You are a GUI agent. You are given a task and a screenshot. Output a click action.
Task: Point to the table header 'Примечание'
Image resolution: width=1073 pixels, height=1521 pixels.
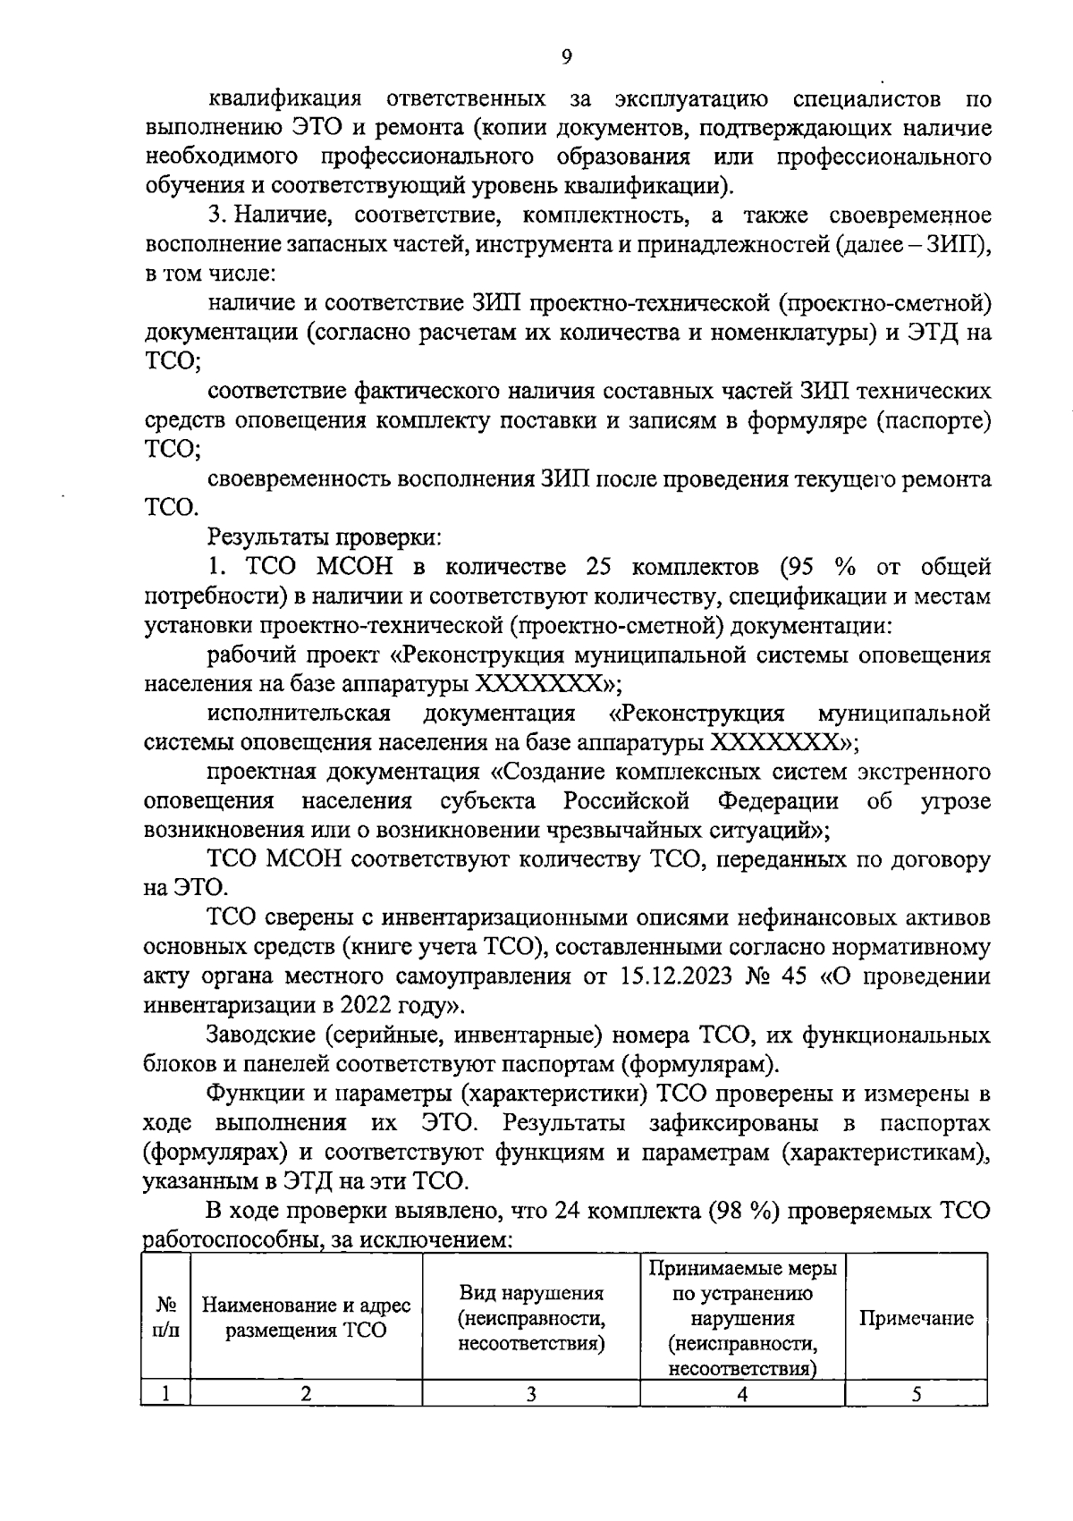coord(916,1318)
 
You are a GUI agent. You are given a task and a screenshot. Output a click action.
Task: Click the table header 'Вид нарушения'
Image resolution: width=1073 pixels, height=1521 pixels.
coord(531,1293)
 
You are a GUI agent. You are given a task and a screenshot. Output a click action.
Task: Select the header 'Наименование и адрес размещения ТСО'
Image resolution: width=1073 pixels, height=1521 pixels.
coord(306,1317)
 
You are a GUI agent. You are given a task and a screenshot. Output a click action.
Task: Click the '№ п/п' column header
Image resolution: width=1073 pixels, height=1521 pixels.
coord(165,1317)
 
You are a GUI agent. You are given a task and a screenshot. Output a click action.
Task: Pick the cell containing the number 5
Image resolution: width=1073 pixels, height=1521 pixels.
coord(917,1393)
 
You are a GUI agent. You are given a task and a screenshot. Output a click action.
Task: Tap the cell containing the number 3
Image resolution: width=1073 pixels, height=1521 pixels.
coord(531,1393)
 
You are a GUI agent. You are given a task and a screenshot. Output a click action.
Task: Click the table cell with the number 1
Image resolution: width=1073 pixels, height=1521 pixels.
coord(165,1393)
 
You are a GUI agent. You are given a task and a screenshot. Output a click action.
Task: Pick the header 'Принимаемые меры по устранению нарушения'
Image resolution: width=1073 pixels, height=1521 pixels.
coord(742,1293)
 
